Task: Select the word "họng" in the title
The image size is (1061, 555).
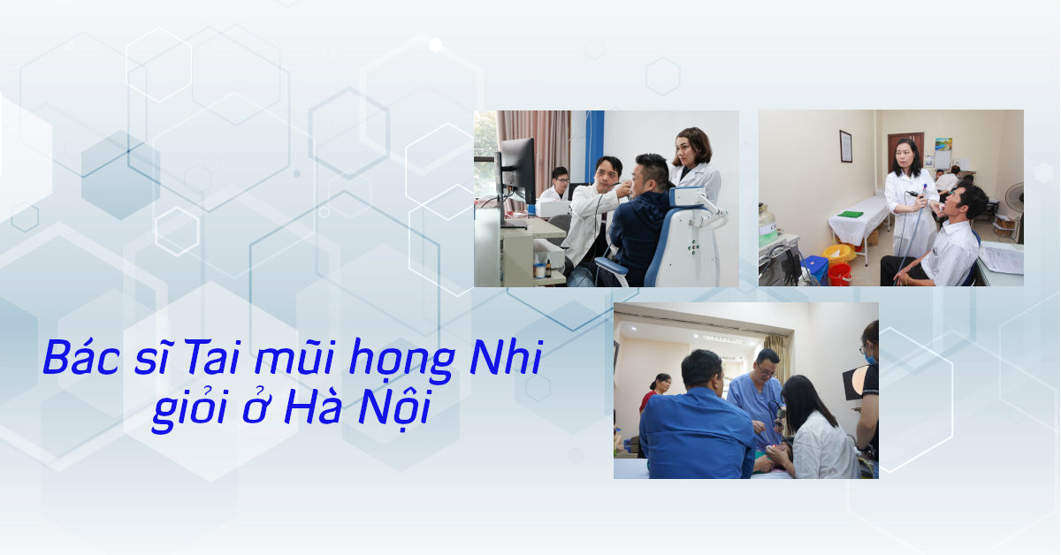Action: pos(402,361)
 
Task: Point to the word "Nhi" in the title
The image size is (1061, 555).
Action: pos(506,357)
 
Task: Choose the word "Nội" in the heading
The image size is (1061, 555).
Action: pos(394,409)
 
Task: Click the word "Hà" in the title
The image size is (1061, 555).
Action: pos(313,406)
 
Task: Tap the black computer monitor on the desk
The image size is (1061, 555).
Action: pos(516,170)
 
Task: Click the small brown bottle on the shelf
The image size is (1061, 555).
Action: pos(548,269)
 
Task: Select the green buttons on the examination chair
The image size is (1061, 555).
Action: pos(694,247)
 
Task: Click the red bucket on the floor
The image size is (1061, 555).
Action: pos(839,274)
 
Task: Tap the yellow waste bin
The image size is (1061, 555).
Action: pos(838,255)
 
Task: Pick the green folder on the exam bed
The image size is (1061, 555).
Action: pos(850,214)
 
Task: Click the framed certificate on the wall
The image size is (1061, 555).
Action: pos(846,147)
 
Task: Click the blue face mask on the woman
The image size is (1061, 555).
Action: pos(871,358)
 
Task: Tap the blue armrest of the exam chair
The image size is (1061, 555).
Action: pos(612,268)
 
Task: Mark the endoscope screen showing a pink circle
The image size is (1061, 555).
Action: pos(856,381)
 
